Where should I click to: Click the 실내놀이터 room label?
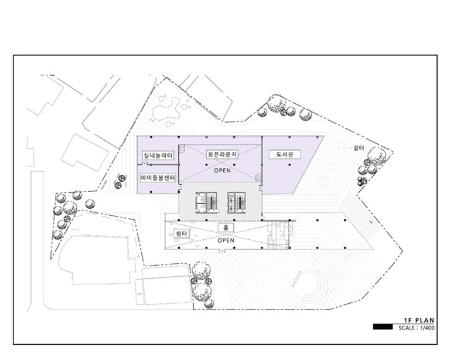click(158, 155)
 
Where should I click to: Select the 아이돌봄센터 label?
click(158, 178)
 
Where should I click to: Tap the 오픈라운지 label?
click(223, 154)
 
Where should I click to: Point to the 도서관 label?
click(285, 154)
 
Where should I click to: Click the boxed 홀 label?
click(226, 227)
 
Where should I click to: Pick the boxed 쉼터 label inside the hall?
click(182, 233)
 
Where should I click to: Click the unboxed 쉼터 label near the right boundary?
click(359, 148)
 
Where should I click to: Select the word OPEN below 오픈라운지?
click(223, 171)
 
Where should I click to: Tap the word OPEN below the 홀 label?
click(226, 240)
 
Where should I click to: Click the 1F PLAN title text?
click(419, 320)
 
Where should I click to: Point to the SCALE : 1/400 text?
click(417, 328)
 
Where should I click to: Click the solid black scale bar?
click(383, 327)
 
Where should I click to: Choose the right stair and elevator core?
click(237, 203)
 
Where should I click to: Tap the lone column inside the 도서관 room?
click(289, 165)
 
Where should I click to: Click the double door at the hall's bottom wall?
click(221, 251)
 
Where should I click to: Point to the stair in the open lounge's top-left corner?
click(182, 149)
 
